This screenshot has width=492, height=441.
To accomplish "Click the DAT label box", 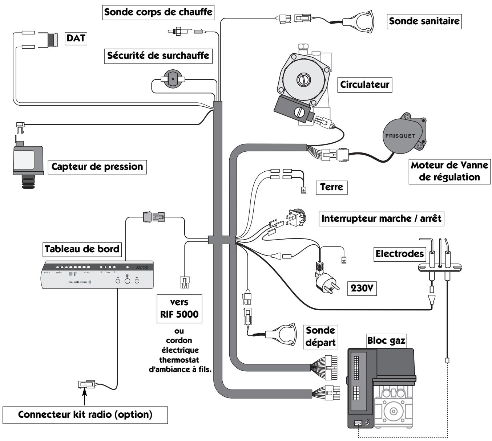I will click(x=76, y=38).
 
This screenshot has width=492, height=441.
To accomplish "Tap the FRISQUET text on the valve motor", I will click(x=400, y=136).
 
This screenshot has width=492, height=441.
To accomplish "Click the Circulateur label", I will click(x=364, y=85).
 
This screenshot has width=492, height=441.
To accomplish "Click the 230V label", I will click(x=361, y=288).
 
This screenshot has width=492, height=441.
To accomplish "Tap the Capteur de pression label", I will click(x=97, y=167).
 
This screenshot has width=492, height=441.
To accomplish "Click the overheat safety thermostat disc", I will click(x=173, y=79).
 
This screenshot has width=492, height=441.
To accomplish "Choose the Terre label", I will click(x=331, y=187).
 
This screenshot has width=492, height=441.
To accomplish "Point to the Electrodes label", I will click(x=400, y=253).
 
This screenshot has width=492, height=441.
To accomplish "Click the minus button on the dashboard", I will click(x=118, y=281).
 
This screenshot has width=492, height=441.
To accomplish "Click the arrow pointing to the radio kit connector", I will click(x=85, y=396).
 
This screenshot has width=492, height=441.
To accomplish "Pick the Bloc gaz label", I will click(x=386, y=341).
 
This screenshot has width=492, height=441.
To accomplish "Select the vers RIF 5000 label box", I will click(x=179, y=308).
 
